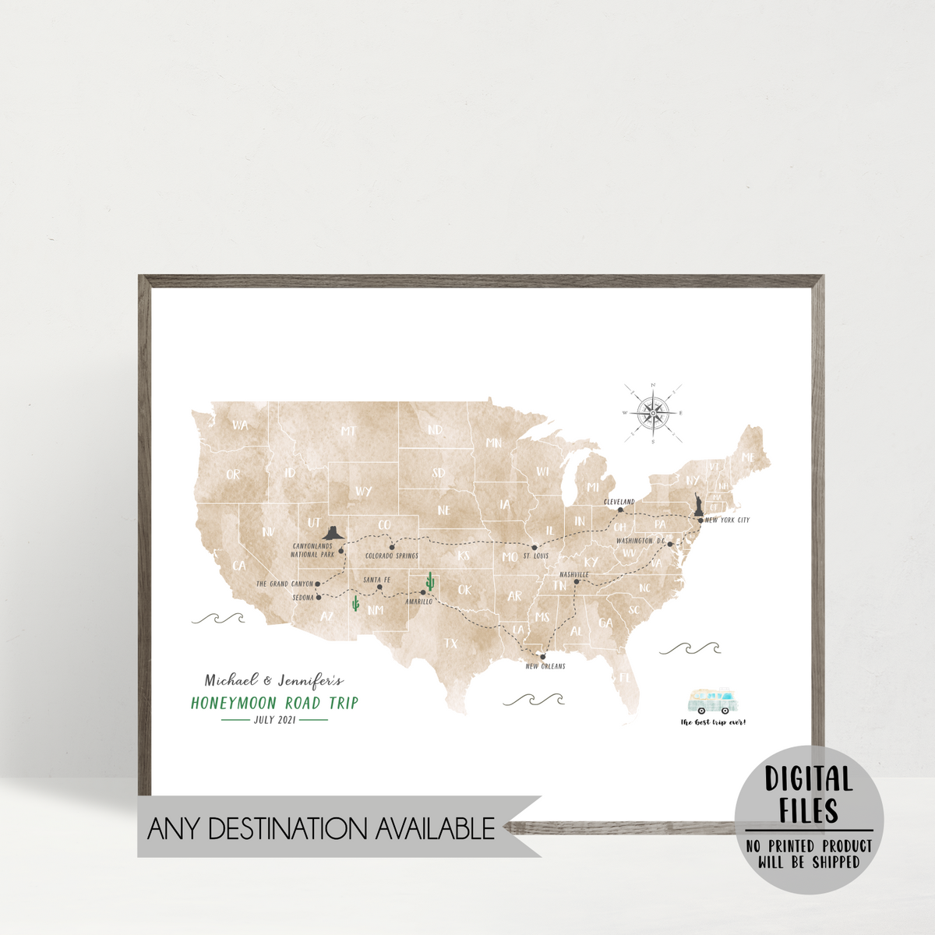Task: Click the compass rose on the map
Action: [654, 413]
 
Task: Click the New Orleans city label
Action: [545, 667]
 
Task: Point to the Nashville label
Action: [574, 574]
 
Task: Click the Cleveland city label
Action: [619, 502]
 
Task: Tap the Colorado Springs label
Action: [392, 556]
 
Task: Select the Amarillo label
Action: [418, 602]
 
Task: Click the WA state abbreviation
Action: [240, 425]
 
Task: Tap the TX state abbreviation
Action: [451, 644]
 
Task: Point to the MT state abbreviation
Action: [348, 431]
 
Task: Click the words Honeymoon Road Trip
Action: [274, 703]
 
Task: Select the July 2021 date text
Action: [274, 720]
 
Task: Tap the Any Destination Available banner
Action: [321, 827]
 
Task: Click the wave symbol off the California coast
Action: [218, 619]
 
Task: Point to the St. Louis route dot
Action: [535, 548]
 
